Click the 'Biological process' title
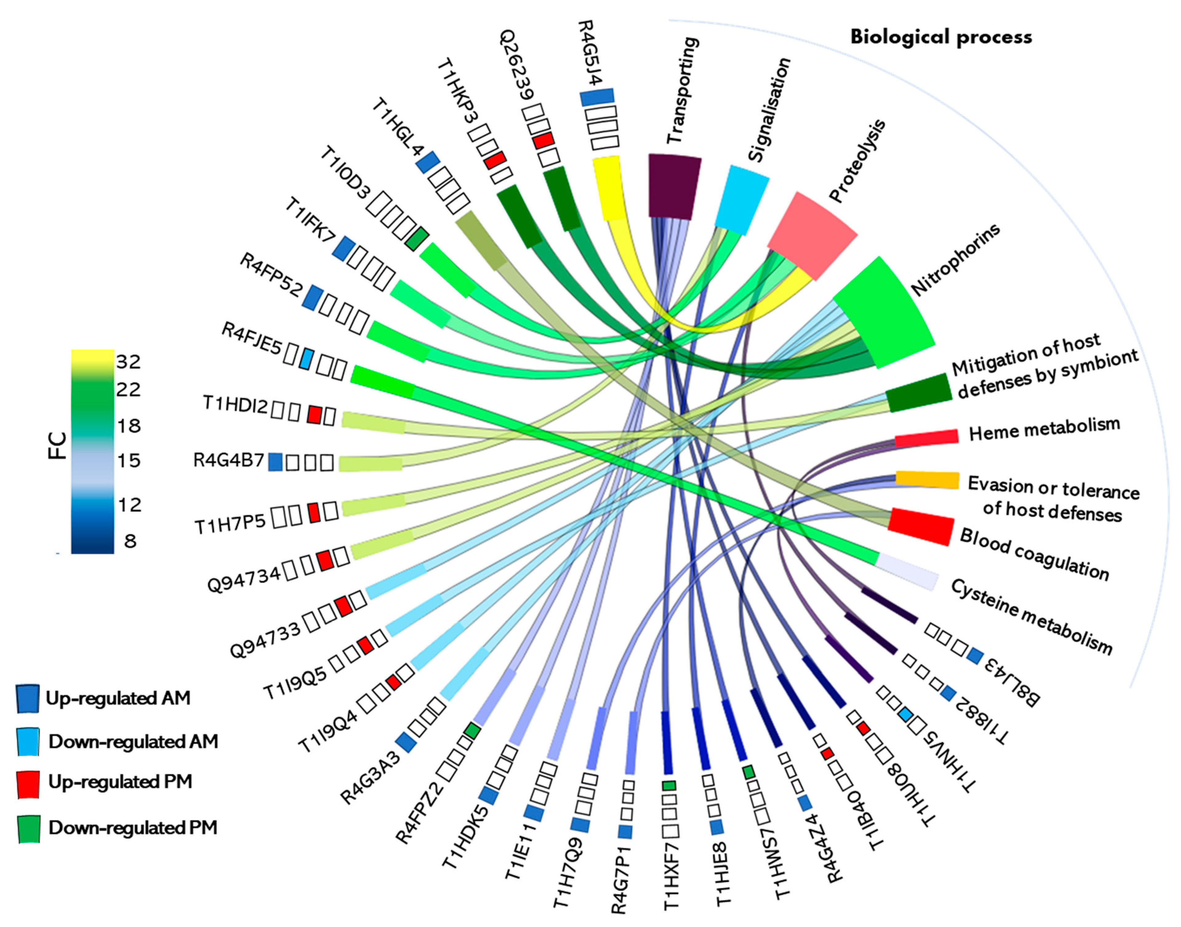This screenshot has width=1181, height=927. tap(940, 37)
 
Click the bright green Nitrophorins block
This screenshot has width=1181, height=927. tap(883, 312)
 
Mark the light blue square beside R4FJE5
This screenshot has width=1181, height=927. tap(306, 359)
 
